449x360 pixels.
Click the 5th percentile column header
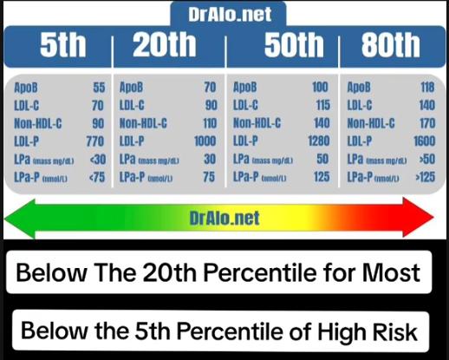(x=63, y=45)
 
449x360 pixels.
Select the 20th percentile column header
(x=165, y=45)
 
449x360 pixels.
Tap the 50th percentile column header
(x=294, y=45)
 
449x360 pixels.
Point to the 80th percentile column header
(x=391, y=45)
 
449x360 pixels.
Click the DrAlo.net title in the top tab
(x=230, y=14)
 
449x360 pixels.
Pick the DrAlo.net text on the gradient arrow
(x=224, y=218)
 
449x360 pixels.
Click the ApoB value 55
(x=99, y=88)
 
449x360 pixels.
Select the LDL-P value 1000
(x=205, y=141)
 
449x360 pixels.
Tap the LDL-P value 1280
(x=319, y=141)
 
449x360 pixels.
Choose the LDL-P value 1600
(x=424, y=141)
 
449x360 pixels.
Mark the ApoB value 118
(x=427, y=88)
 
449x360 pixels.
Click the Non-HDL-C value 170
(x=427, y=123)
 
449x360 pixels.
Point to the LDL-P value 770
(x=95, y=141)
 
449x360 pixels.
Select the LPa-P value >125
(x=426, y=177)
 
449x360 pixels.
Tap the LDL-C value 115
(x=323, y=105)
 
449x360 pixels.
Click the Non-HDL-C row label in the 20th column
(x=143, y=123)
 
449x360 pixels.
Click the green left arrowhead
(x=20, y=219)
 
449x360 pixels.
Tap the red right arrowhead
(x=418, y=218)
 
